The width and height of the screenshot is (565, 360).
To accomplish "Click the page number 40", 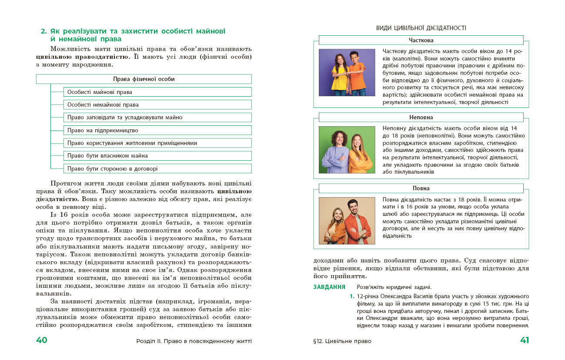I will click(41, 340).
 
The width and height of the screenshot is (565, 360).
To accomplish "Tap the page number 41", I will click(524, 340).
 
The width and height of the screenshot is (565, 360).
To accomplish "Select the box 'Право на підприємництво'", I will click(157, 130).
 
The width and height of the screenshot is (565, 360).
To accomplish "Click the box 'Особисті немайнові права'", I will click(157, 105).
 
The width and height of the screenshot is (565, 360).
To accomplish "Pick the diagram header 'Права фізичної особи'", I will click(144, 79).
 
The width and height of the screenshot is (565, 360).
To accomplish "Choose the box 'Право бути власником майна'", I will click(157, 156).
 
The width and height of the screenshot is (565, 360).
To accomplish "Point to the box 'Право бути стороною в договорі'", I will click(157, 168).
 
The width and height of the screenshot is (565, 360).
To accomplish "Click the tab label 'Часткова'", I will click(421, 40).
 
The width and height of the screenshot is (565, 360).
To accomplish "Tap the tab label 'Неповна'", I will click(421, 118).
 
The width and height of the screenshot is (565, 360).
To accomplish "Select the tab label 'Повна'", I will click(421, 188).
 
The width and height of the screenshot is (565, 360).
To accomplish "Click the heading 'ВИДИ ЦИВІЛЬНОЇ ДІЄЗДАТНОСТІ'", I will click(421, 28).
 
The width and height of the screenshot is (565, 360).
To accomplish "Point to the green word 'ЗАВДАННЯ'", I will click(329, 287).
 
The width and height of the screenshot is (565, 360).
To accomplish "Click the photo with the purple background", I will click(347, 72).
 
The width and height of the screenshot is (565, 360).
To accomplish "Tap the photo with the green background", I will click(347, 150).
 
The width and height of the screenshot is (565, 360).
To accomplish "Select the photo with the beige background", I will click(347, 221).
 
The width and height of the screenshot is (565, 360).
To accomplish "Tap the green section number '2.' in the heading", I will click(43, 31).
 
